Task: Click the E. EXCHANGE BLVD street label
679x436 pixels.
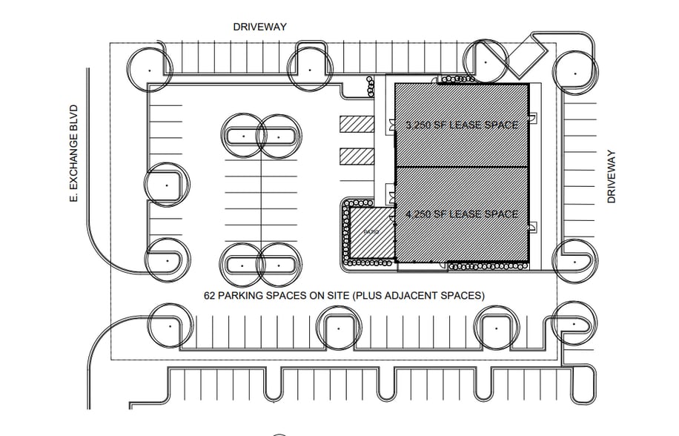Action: [x=73, y=155]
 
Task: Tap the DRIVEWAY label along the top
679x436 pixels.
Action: [x=259, y=27]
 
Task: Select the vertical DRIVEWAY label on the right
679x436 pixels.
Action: [x=612, y=176]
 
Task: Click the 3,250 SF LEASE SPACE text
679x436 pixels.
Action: [x=462, y=125]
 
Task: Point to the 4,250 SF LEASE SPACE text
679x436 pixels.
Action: [x=462, y=214]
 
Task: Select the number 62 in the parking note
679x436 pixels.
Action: [x=211, y=295]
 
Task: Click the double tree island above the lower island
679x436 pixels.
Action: [x=260, y=136]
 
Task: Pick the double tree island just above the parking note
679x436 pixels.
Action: [x=260, y=263]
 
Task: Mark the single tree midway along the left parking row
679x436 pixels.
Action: [x=167, y=185]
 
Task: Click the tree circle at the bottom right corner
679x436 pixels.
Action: [x=574, y=323]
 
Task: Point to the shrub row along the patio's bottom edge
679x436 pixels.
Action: [x=370, y=262]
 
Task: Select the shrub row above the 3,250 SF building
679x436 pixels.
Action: [x=457, y=79]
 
